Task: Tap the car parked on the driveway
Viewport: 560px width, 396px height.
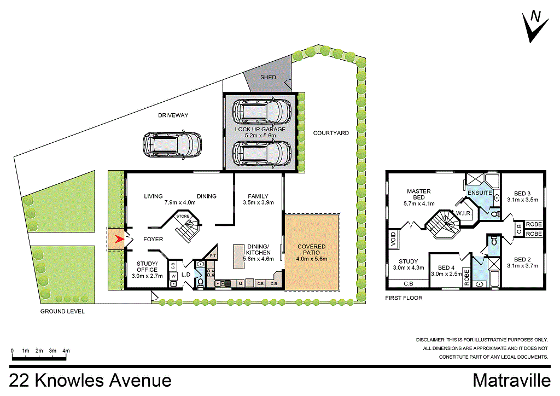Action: (172, 145)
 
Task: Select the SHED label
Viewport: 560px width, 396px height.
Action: (268, 78)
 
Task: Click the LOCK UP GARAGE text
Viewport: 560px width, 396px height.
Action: (260, 129)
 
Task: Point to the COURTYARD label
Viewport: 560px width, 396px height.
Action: (331, 133)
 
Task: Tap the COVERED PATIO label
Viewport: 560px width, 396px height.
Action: (311, 250)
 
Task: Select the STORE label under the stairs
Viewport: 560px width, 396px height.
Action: (183, 217)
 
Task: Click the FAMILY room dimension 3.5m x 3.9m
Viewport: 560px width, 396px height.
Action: (258, 202)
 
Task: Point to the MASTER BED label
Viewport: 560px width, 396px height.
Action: (419, 195)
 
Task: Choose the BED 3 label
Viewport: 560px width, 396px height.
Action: (523, 193)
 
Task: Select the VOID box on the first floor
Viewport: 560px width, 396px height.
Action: (393, 239)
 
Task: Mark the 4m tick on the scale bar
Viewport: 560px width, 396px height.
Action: (66, 351)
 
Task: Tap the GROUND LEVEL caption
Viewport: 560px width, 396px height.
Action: (62, 311)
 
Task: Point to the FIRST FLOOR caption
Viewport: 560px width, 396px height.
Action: (404, 298)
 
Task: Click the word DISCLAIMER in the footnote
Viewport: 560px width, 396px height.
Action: (433, 340)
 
